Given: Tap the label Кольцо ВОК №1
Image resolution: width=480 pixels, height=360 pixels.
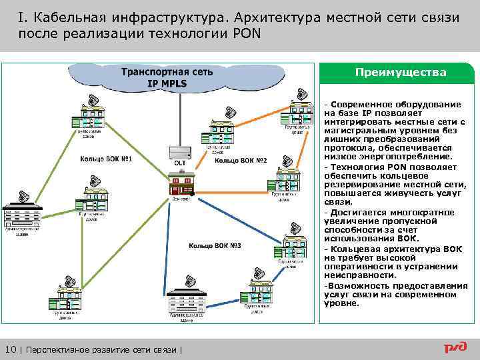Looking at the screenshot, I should click(106, 159).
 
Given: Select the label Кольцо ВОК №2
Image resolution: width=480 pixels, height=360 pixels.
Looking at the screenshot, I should click(241, 161).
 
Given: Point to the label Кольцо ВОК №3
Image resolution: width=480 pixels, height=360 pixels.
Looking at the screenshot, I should click(215, 246).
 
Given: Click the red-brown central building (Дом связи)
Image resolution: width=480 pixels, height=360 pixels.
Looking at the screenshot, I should click(179, 183).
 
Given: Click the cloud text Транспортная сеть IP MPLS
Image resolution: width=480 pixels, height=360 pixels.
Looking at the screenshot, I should click(167, 78).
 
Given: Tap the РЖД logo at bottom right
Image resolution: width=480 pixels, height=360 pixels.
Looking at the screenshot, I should click(456, 348).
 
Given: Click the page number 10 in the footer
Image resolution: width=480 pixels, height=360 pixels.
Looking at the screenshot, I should click(11, 350).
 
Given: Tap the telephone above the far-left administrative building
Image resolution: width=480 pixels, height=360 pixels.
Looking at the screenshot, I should click(24, 197).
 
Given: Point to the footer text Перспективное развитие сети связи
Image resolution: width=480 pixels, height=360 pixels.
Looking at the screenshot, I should click(102, 350).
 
